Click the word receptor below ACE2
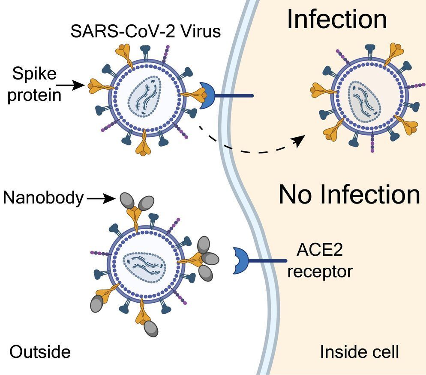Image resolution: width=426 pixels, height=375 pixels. coord(320,271)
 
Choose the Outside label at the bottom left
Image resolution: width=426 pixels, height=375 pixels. coord(40,351)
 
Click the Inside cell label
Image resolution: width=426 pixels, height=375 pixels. coord(359,352)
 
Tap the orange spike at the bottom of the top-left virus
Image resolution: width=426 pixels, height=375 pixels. coord(143,144)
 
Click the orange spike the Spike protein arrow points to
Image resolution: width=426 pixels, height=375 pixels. coord(99,86)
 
